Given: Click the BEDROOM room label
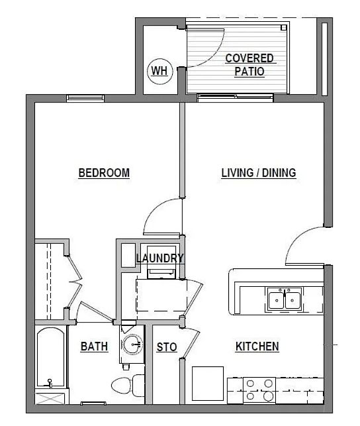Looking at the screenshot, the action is [x=104, y=173].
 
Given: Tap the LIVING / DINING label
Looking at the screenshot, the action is [x=259, y=173].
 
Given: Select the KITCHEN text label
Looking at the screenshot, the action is [x=257, y=346].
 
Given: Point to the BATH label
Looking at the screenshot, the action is [x=95, y=346].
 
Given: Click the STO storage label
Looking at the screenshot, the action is [x=167, y=347].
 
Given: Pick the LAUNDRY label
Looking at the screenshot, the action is [x=160, y=258].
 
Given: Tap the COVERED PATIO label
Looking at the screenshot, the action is [x=249, y=65].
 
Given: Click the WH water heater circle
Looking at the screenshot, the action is [x=159, y=71].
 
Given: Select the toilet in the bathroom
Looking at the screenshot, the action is [x=128, y=385].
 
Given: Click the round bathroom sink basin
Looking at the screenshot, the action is [x=132, y=345].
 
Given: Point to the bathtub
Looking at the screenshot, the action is [x=51, y=357].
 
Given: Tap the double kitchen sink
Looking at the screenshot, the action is [x=285, y=299].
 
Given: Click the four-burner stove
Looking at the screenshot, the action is [x=259, y=390].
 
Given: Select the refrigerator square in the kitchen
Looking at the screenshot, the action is [x=208, y=384].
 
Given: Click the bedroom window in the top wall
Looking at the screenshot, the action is [x=85, y=98].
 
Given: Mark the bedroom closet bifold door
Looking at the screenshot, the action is [x=74, y=282].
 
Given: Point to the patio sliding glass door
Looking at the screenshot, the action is [x=235, y=97].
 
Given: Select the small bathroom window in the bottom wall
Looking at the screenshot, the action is [x=93, y=403].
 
